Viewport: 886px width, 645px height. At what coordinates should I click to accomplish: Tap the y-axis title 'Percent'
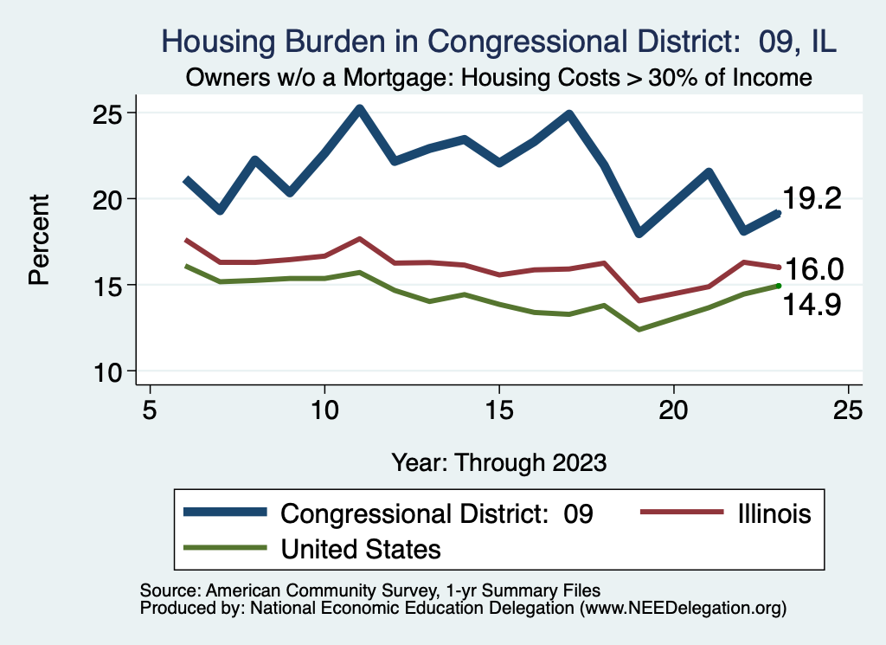click(x=39, y=240)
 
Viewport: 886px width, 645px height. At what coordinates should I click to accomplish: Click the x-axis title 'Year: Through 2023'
click(x=499, y=461)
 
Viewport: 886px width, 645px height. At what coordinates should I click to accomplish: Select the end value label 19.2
click(x=812, y=198)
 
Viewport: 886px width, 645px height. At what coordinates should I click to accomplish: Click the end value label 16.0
click(x=814, y=269)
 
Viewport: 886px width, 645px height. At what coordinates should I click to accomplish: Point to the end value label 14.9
click(x=812, y=305)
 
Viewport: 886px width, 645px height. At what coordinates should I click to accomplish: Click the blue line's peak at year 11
click(x=359, y=109)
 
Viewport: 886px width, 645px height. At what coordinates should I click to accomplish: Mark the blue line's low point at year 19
click(x=639, y=233)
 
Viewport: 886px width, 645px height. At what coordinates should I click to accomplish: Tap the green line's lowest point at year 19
click(x=639, y=329)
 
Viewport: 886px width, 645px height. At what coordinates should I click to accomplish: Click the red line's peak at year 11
click(x=359, y=238)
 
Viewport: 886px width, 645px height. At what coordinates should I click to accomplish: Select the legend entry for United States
click(x=361, y=548)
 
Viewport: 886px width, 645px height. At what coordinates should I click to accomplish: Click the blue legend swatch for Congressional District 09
click(x=225, y=513)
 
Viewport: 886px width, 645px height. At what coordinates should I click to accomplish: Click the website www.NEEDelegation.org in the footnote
click(x=682, y=608)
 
